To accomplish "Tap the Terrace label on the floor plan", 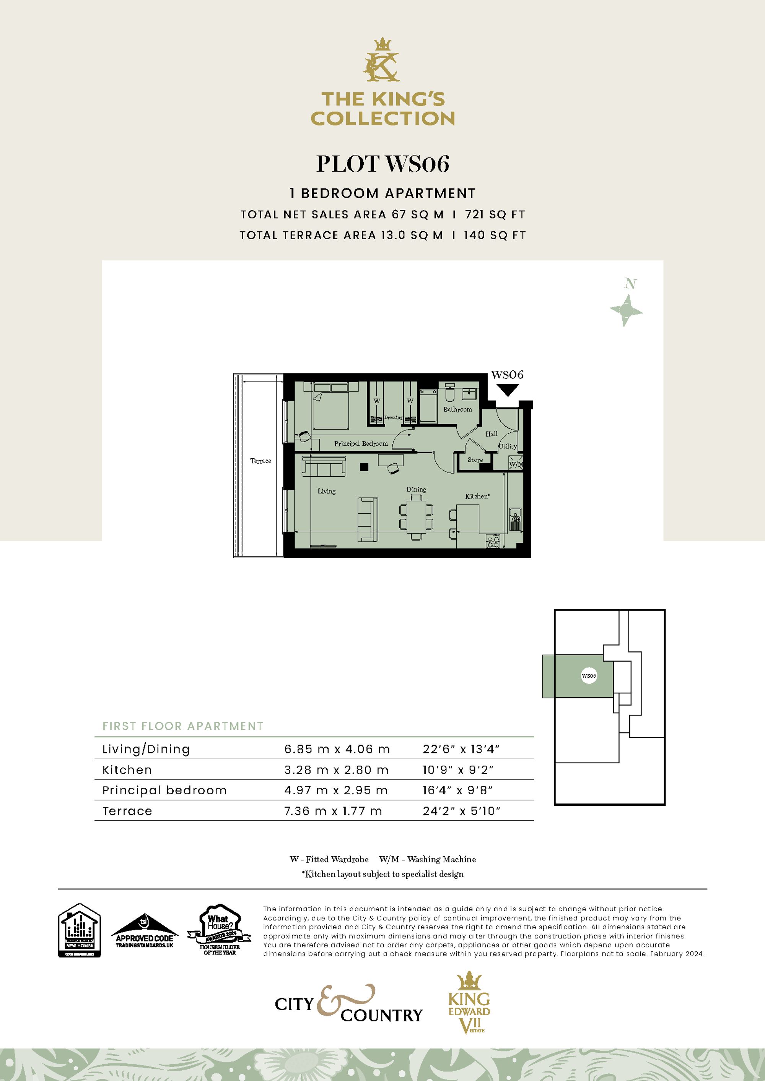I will click(x=260, y=461).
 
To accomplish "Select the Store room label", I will click(x=475, y=460).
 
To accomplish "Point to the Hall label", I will click(x=491, y=433).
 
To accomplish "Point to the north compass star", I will click(x=626, y=310).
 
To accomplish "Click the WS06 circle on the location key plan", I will click(x=589, y=676).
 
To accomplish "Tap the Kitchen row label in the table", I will click(x=127, y=770).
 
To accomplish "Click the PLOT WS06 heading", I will click(x=382, y=164).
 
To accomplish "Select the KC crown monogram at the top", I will click(x=382, y=60).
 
